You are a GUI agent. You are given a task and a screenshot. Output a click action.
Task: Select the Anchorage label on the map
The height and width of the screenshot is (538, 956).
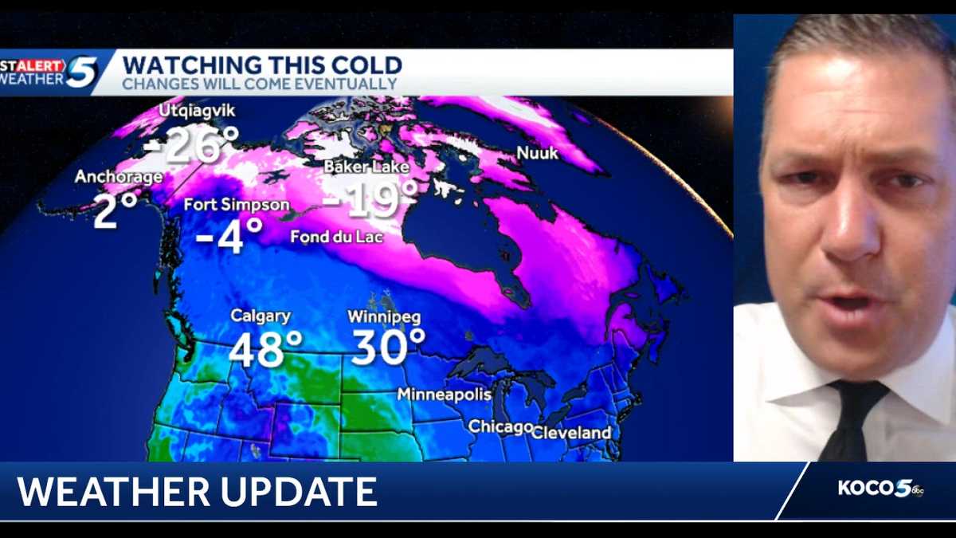pos(119,177)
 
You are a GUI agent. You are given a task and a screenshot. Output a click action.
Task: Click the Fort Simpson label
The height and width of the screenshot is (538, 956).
pos(237,205)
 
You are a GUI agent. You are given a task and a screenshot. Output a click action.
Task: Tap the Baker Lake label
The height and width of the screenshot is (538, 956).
pos(366,167)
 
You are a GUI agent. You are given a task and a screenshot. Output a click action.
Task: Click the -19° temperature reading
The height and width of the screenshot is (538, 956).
pos(370,199)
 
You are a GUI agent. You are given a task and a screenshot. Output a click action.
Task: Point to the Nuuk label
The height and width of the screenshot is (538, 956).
pos(539,152)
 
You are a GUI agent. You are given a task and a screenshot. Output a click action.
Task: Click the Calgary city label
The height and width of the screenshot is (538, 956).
pos(261,316)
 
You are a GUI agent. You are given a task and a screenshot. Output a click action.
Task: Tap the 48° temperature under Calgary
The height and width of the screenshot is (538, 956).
pos(266,348)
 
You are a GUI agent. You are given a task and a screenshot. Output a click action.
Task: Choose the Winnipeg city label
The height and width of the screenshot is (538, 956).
pos(384,316)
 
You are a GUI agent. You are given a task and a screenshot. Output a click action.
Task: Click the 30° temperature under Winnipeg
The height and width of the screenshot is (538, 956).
pos(389,348)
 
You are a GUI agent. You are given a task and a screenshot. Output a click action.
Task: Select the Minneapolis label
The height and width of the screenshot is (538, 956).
pos(444,395)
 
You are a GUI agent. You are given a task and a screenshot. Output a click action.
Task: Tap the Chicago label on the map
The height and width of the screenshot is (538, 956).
pos(500,427)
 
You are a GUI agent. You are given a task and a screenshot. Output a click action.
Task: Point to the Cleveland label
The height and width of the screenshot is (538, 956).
pos(571,433)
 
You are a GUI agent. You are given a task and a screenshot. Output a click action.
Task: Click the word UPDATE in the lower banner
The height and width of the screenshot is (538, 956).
pos(303,492)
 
